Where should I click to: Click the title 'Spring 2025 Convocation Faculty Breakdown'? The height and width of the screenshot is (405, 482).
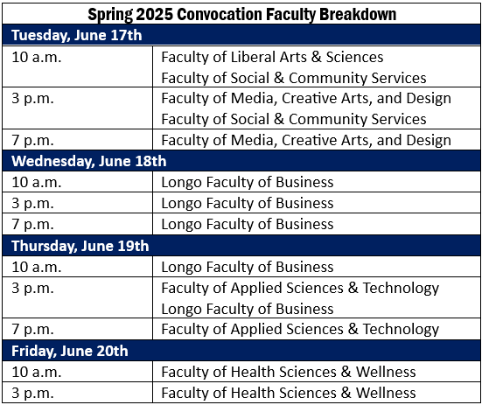[x=241, y=14]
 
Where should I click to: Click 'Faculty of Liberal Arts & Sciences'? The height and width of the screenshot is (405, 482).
[x=272, y=57]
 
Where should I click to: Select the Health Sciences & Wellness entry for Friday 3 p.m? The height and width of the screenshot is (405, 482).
[x=289, y=393]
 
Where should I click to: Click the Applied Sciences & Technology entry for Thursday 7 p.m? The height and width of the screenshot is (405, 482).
[x=300, y=330]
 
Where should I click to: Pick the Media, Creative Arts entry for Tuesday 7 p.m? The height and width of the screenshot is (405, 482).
[x=306, y=140]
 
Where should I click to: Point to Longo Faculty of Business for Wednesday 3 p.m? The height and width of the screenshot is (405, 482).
[x=248, y=203]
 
